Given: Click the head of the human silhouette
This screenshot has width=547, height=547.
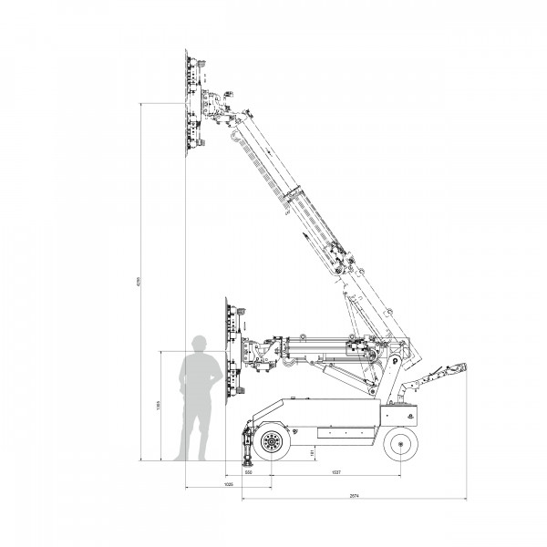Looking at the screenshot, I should [x=200, y=344].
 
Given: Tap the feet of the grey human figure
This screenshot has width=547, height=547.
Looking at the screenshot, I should [x=194, y=457].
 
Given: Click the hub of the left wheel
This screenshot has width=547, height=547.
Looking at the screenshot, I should [x=271, y=444].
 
